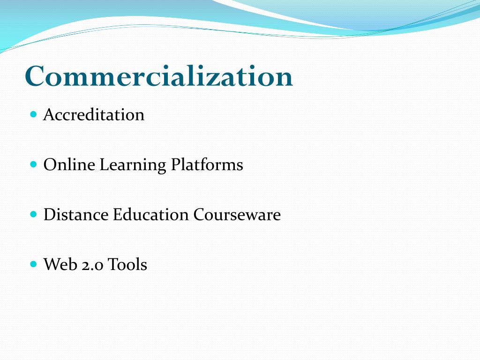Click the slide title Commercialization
coord(159,76)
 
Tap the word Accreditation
coord(94,115)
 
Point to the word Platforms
coord(207,165)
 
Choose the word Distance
coord(76,215)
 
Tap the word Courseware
coord(237,215)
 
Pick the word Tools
coord(127,265)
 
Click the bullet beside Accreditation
coord(33,114)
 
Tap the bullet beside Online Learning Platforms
coord(33,164)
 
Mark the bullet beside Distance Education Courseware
coord(33,214)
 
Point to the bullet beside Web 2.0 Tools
coord(33,264)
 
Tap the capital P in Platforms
coord(175,165)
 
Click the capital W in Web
coord(52,265)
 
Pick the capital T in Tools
coord(112,265)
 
